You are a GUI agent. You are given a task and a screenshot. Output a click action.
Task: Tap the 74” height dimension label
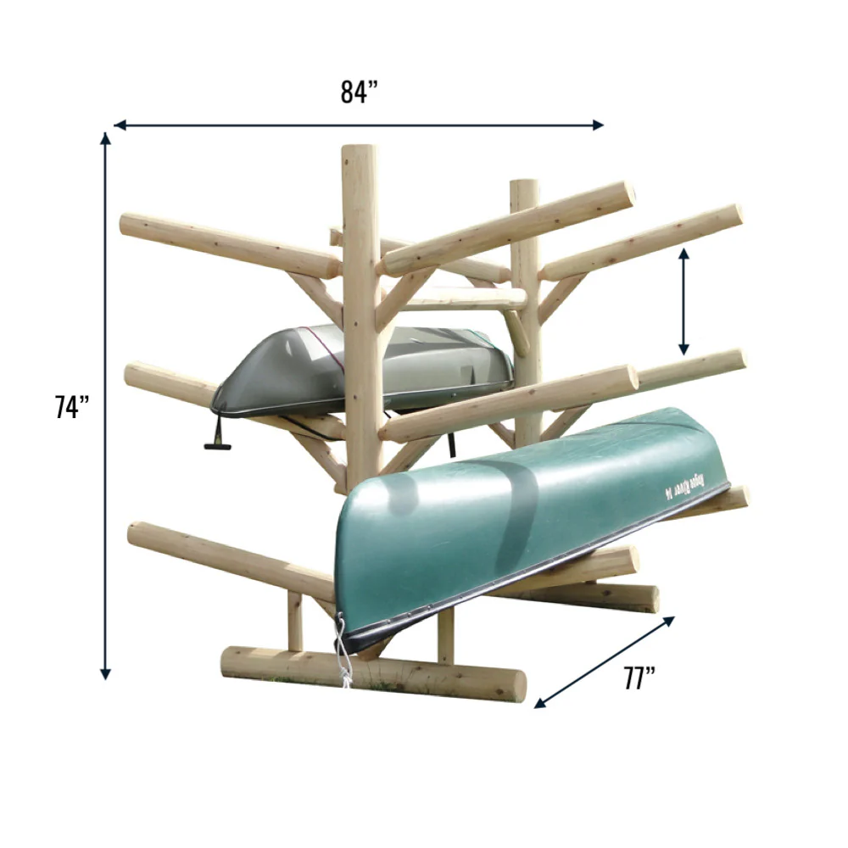pos(72,407)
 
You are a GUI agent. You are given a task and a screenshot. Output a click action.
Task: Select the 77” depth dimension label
pos(640,678)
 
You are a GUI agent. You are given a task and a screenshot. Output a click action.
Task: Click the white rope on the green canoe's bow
pos(343,653)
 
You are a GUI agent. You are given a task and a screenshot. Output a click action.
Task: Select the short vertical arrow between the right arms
pos(683,301)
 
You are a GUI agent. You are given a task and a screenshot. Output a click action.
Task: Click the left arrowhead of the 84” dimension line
pos(119,126)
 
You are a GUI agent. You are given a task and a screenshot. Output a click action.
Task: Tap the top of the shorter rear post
pos(524,185)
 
